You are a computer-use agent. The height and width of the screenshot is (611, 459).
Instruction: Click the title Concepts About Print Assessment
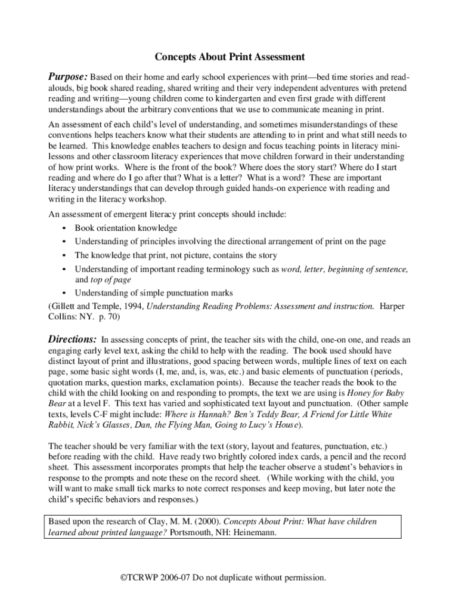click(x=229, y=57)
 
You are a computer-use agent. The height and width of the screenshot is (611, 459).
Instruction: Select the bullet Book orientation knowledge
click(x=125, y=228)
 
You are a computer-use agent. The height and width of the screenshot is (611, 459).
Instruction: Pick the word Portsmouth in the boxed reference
click(x=191, y=533)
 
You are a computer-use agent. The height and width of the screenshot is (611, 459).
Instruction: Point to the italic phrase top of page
click(x=110, y=279)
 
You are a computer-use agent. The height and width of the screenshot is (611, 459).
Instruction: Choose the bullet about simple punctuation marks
click(x=153, y=293)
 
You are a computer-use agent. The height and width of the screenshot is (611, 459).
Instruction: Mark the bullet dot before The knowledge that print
click(x=63, y=256)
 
